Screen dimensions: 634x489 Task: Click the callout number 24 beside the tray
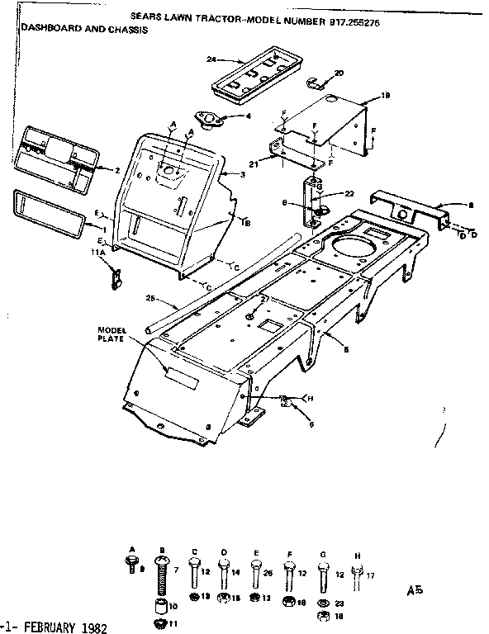(211, 59)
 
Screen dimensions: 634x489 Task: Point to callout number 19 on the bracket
(385, 97)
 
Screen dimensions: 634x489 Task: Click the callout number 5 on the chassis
(345, 350)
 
